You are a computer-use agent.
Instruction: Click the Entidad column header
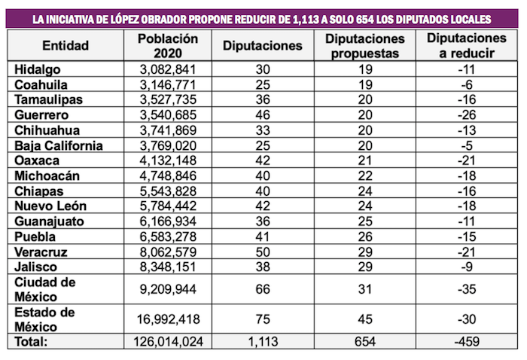65,45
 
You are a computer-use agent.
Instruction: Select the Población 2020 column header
169,45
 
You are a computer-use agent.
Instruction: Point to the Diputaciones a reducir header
465,45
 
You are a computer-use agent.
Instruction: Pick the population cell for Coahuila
169,84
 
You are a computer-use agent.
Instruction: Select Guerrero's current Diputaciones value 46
263,115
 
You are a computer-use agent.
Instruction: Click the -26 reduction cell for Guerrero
465,115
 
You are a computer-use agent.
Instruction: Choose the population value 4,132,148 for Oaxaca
169,161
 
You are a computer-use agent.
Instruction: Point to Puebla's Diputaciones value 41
263,237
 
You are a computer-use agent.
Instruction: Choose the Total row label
32,340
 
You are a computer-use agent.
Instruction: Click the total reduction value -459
465,340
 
